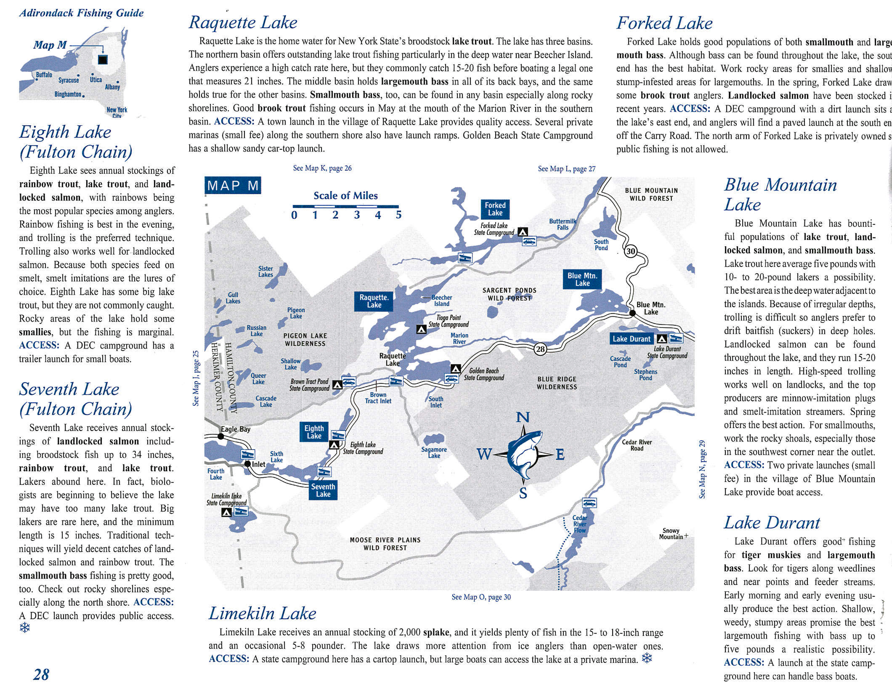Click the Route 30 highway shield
[631, 251]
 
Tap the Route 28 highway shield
[541, 349]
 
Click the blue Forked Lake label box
[495, 209]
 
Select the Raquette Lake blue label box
[374, 301]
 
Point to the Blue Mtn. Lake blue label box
[582, 279]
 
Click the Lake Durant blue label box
[632, 339]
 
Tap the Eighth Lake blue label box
[314, 432]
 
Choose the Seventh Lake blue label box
[323, 490]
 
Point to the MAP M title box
[233, 186]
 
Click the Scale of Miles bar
[346, 207]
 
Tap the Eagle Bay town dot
[221, 437]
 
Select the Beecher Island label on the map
[442, 301]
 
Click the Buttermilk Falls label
[563, 224]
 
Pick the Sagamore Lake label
[434, 453]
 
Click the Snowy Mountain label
[671, 534]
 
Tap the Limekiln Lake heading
[263, 613]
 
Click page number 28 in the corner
[41, 675]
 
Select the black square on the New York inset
[102, 60]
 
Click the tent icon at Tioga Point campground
[421, 329]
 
